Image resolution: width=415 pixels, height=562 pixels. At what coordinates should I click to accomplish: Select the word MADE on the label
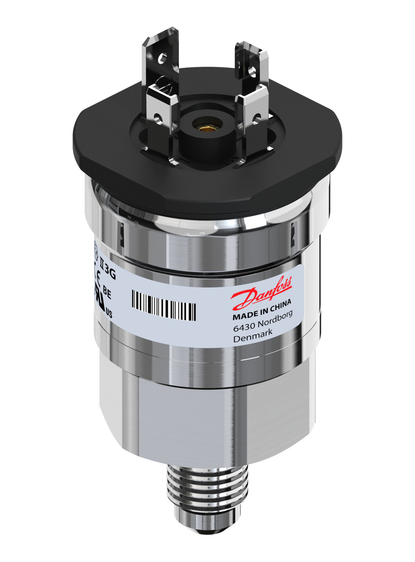coord(244,317)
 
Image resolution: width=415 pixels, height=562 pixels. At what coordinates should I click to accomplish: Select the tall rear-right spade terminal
coord(251,69)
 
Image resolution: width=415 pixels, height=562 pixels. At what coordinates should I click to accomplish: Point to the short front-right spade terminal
coord(251,115)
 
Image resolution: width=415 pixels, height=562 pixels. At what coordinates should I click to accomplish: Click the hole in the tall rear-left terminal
coord(162,59)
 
